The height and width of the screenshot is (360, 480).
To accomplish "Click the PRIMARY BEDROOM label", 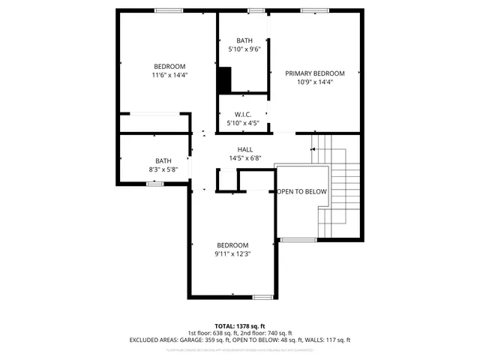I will point(314,73).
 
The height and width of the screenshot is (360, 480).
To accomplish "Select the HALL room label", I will point(245,149).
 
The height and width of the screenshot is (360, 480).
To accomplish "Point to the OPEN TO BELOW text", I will point(302,192).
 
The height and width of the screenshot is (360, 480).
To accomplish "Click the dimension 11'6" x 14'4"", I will point(169,75).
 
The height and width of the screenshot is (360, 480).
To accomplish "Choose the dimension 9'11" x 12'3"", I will point(232,254).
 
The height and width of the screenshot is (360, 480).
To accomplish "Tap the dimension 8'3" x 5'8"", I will point(163,169).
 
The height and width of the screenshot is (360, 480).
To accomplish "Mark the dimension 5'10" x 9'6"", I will point(244,49).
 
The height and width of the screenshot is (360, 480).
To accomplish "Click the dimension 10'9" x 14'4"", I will point(314,82).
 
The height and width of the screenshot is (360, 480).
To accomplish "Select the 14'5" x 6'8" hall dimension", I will point(245,158).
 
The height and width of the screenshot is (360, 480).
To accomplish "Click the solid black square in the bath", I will point(224,78).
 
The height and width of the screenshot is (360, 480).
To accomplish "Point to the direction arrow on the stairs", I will point(313,149).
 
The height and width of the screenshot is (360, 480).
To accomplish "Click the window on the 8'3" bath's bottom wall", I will point(155,184).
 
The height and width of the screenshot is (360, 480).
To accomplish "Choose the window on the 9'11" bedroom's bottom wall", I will point(262,297).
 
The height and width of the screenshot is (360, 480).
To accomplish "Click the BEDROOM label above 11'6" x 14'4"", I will point(169,66).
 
